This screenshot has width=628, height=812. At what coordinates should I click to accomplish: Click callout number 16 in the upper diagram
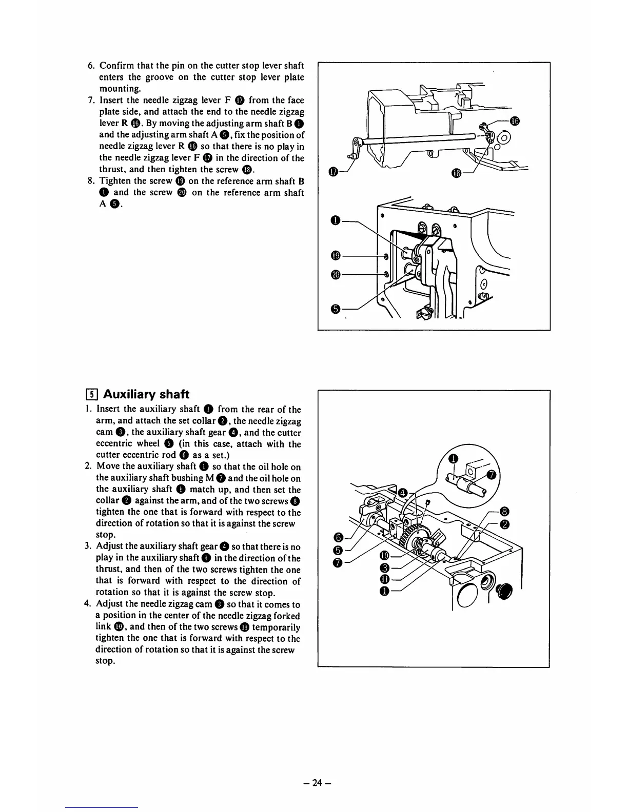tap(516, 121)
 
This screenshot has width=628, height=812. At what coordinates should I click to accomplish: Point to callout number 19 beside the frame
tap(336, 256)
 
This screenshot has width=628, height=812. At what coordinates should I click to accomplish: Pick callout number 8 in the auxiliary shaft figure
tap(504, 511)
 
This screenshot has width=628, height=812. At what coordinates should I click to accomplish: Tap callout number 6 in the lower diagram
tap(337, 537)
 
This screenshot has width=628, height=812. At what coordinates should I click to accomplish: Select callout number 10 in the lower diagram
tap(383, 556)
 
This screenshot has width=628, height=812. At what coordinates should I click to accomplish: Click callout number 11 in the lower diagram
tap(383, 579)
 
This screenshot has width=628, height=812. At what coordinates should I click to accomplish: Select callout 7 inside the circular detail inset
tap(491, 476)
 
